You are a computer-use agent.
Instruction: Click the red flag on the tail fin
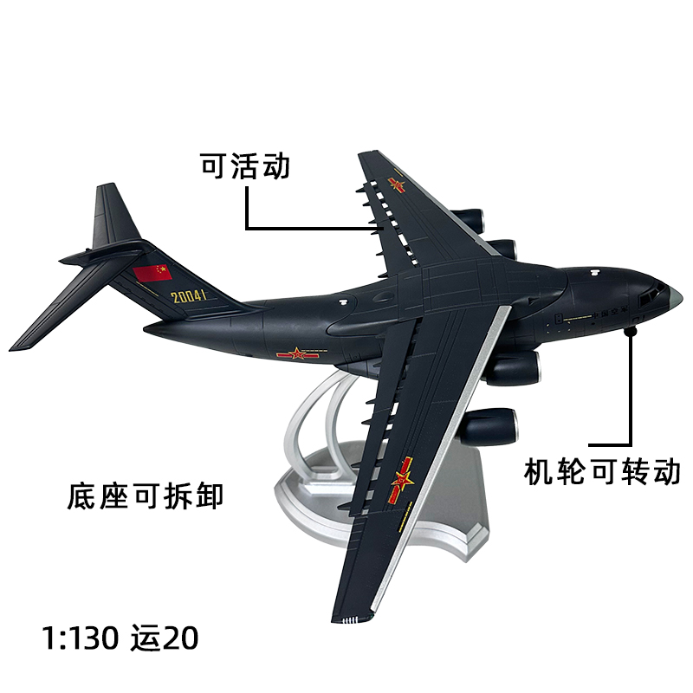click(x=153, y=273)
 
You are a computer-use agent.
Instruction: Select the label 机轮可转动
click(x=603, y=471)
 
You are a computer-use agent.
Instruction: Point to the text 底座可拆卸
click(x=146, y=496)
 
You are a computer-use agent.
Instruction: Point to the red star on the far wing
click(x=398, y=185)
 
